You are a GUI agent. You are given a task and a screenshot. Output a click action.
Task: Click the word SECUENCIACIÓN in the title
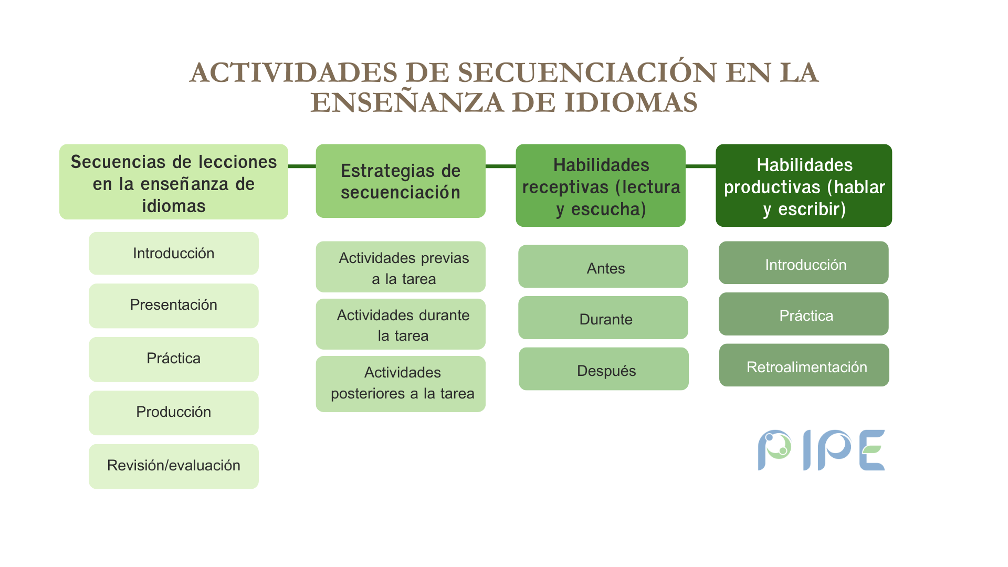(587, 72)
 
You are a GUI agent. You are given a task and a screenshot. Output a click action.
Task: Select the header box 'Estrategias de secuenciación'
(401, 181)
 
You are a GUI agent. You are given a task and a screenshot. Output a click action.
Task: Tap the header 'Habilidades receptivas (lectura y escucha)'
(601, 185)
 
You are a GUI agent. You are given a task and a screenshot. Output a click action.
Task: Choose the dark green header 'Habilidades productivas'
(804, 185)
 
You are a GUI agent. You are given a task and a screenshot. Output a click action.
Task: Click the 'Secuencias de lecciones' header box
(174, 182)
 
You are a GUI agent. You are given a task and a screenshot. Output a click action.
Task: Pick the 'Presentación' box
(174, 306)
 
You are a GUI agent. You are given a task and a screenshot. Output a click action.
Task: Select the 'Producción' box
(174, 413)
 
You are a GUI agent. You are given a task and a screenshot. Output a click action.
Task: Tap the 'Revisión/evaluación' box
(174, 466)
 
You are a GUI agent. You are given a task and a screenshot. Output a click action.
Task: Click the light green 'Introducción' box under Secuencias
(174, 253)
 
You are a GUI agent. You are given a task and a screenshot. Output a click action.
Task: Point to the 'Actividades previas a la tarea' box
(401, 267)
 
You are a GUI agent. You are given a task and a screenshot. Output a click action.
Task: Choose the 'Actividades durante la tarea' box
(401, 324)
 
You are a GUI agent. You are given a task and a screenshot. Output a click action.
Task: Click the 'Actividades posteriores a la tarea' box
(401, 384)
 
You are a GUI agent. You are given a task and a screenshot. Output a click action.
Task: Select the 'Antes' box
(603, 266)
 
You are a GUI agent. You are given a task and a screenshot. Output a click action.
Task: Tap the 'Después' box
(604, 369)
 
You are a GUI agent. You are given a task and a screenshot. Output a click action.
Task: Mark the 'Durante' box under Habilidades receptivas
(603, 318)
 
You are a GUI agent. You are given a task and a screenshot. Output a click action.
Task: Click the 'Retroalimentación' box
(804, 365)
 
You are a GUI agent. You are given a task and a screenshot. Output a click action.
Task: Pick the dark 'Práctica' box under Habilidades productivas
(804, 314)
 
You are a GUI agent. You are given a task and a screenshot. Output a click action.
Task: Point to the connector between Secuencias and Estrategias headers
(302, 166)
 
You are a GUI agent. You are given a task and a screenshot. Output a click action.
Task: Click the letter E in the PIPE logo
(872, 450)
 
